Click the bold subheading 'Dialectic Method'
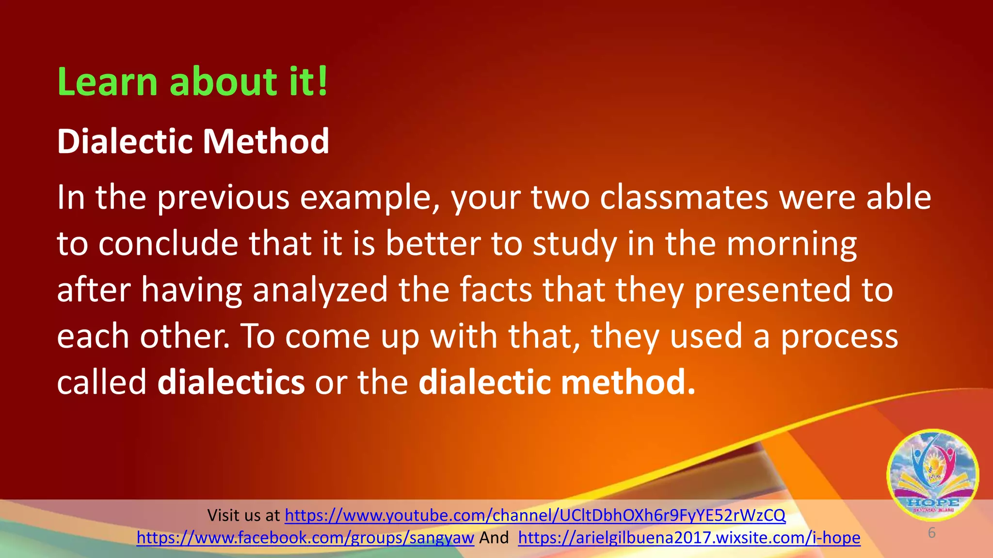[x=193, y=141]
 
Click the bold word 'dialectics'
[x=231, y=382]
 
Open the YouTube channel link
[x=535, y=515]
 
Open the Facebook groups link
[x=305, y=538]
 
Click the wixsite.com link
[x=689, y=538]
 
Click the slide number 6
[x=931, y=533]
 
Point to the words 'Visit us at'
[x=243, y=515]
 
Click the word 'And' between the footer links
[x=494, y=538]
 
